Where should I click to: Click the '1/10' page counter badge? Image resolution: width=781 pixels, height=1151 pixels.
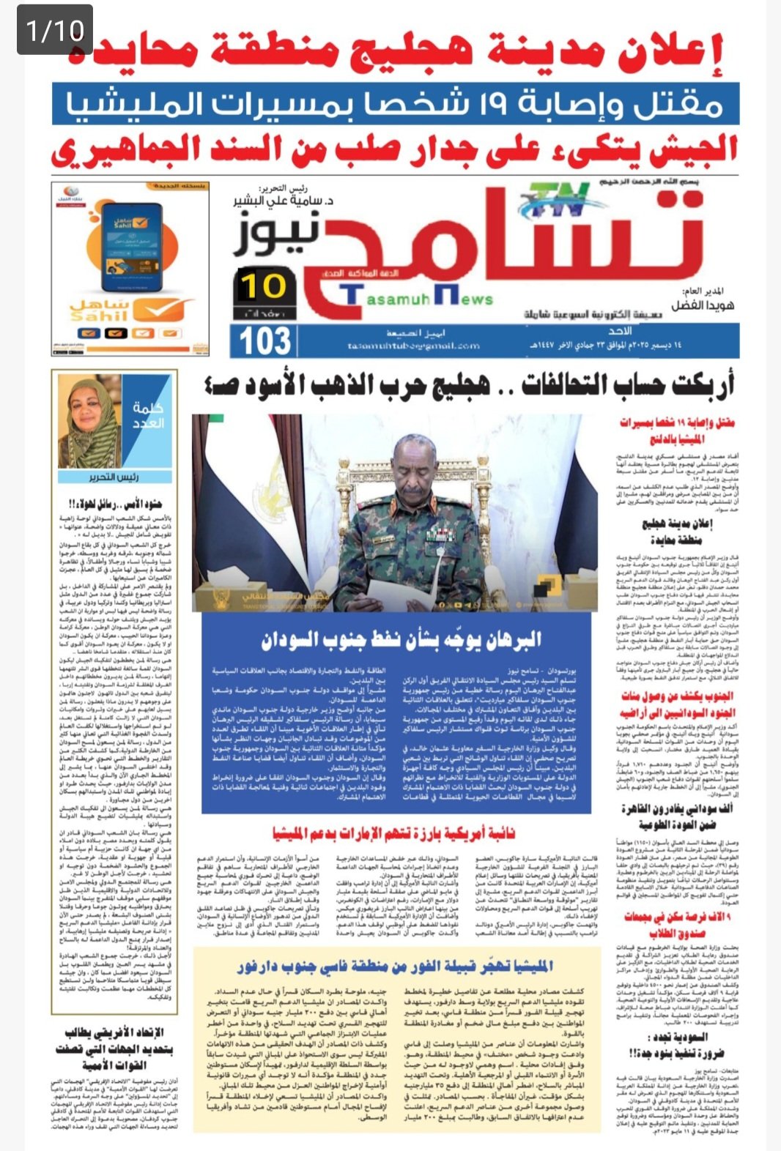(x=55, y=30)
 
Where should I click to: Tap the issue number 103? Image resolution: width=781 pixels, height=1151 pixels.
(x=264, y=342)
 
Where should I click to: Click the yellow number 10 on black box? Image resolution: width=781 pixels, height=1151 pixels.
(x=263, y=286)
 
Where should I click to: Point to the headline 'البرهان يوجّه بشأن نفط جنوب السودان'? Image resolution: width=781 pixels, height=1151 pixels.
(x=401, y=639)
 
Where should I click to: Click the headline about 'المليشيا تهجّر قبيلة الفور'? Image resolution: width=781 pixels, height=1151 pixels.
(x=396, y=966)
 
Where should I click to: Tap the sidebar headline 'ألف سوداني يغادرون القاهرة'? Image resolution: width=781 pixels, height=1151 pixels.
(x=676, y=816)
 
